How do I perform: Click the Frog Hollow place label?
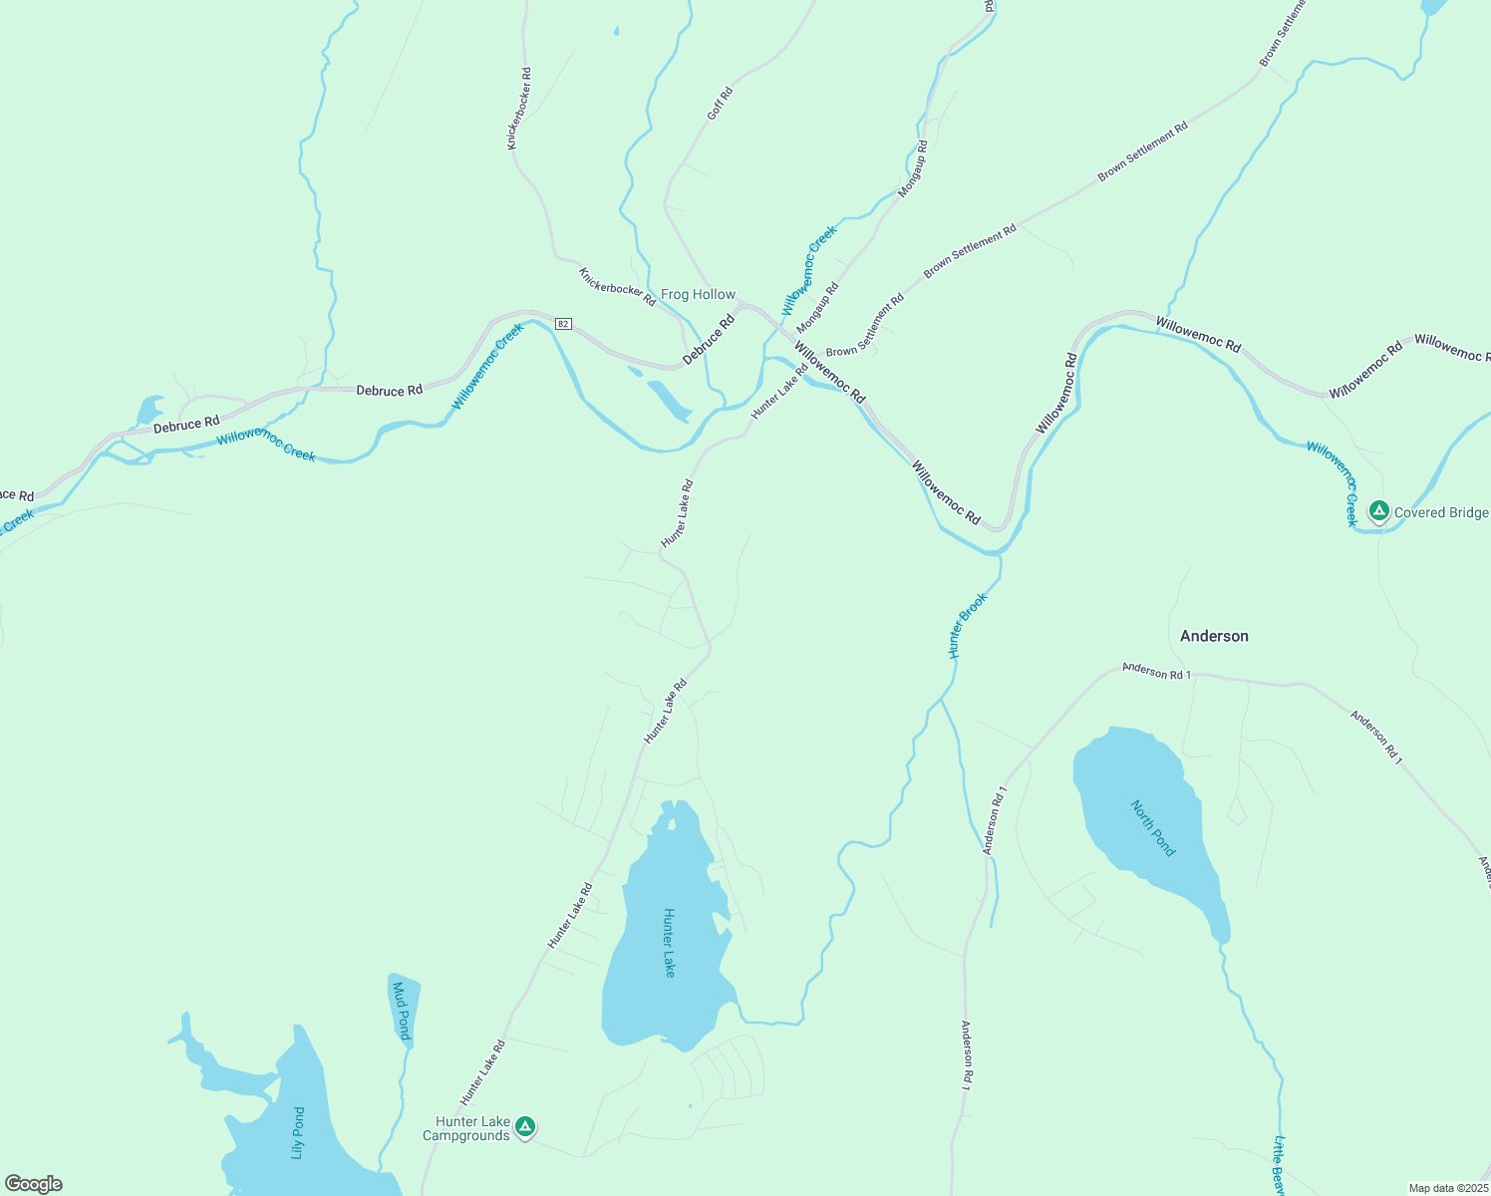click(698, 295)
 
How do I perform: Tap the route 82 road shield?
click(564, 324)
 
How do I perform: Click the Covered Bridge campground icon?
click(1378, 512)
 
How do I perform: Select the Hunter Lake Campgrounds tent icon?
click(525, 1127)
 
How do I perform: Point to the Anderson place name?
click(1214, 636)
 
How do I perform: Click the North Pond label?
click(1153, 828)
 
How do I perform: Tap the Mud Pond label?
click(401, 1011)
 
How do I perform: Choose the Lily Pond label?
click(297, 1133)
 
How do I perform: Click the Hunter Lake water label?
click(670, 942)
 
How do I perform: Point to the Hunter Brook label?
click(967, 626)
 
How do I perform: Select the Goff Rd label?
click(720, 104)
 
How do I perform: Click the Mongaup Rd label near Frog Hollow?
click(817, 308)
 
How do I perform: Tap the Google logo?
click(34, 1184)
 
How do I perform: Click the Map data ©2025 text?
click(1447, 1188)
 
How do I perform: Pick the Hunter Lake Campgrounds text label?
click(467, 1128)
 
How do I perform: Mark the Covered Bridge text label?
click(1441, 512)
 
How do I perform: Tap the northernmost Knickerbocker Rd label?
click(519, 109)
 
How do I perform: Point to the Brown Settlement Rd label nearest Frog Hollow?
click(864, 326)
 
